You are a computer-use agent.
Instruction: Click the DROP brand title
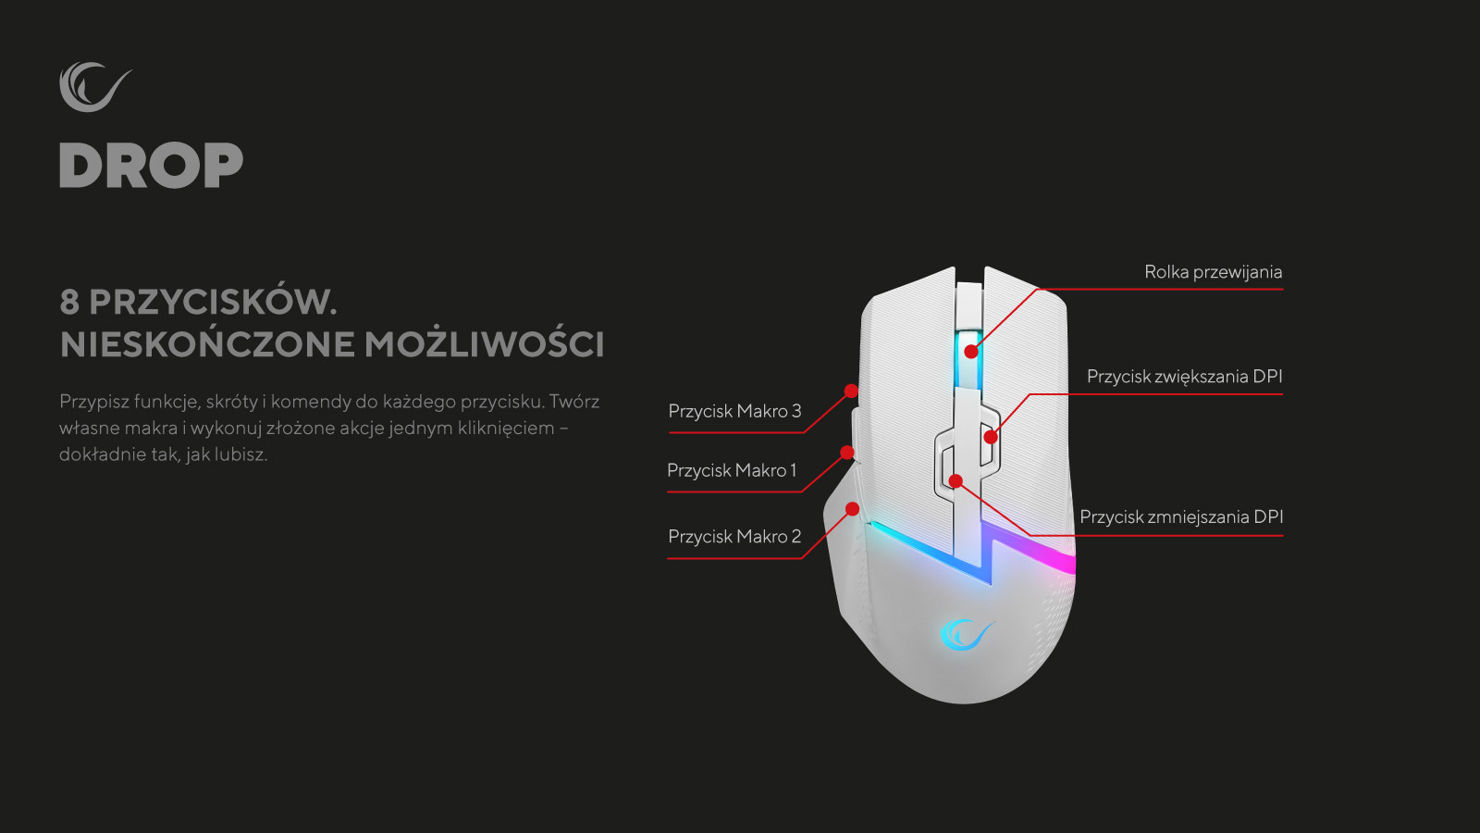(x=152, y=166)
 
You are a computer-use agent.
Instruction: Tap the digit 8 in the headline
(x=68, y=302)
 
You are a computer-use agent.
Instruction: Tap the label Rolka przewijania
(x=1213, y=272)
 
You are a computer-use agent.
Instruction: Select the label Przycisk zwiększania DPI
(x=1184, y=376)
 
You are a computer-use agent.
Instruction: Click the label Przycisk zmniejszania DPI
(x=1181, y=516)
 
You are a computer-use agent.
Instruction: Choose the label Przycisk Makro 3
(x=734, y=411)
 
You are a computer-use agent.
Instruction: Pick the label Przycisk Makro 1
(x=732, y=470)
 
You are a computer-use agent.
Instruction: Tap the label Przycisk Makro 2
(x=734, y=536)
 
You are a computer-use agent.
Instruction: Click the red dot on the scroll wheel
(x=970, y=352)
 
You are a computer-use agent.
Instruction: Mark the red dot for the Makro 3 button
(x=851, y=392)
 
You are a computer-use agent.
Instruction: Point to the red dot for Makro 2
(x=852, y=509)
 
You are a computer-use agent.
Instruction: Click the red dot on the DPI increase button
(x=991, y=437)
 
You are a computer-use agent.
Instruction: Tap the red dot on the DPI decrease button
(x=956, y=480)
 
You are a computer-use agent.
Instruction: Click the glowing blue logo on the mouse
(x=966, y=634)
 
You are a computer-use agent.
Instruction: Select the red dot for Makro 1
(x=846, y=453)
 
